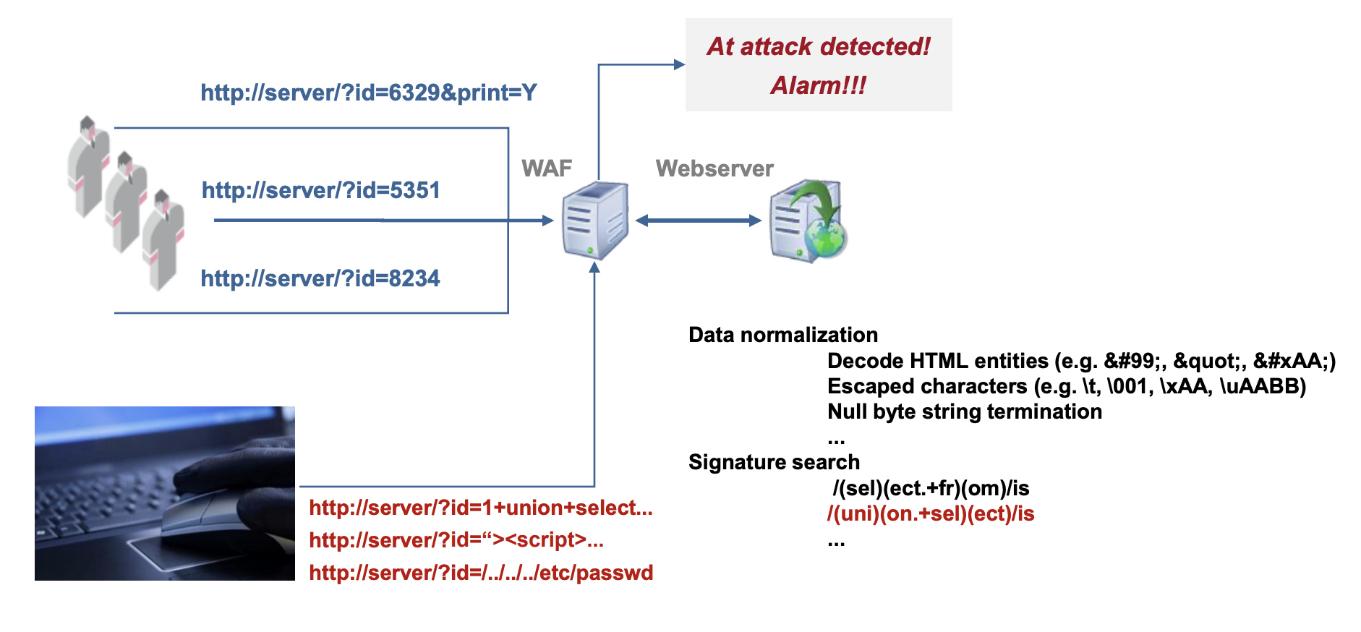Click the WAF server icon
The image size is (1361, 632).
coord(595,221)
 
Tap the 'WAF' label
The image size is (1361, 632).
coord(546,168)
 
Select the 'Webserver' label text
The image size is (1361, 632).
coord(714,168)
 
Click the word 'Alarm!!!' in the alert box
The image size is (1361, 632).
coord(818,85)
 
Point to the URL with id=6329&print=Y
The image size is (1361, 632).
coord(368,93)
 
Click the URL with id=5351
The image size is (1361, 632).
coord(320,190)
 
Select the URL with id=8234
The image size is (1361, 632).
coord(320,278)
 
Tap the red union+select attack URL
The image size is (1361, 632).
coord(480,508)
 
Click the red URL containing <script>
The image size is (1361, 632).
coord(456,540)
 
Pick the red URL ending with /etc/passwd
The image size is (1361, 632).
coord(480,573)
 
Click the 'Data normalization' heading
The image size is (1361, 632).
coord(782,335)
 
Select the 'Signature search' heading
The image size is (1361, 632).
coord(774,462)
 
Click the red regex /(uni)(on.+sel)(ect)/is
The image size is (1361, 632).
coord(930,514)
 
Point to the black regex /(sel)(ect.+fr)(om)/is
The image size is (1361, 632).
coord(930,488)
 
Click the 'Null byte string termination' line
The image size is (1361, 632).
coord(964,411)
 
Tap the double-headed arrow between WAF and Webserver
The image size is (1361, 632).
coord(698,221)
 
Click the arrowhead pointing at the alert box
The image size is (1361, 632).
coord(679,64)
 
